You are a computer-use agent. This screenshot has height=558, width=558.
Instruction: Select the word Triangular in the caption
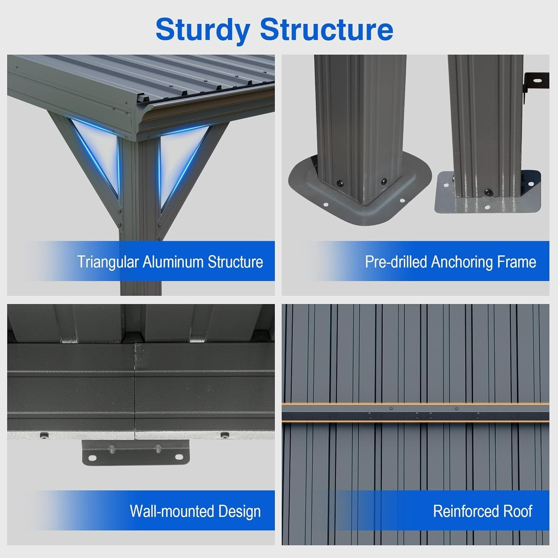pyautogui.click(x=108, y=262)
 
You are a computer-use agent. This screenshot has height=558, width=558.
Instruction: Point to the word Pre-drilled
pyautogui.click(x=396, y=262)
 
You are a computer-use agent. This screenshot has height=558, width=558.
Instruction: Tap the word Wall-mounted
pyautogui.click(x=172, y=511)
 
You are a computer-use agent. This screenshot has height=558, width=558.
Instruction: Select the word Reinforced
pyautogui.click(x=466, y=511)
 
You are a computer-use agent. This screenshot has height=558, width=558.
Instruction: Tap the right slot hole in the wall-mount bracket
pyautogui.click(x=178, y=457)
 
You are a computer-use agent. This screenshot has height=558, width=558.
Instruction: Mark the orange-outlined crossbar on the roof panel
pyautogui.click(x=415, y=412)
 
